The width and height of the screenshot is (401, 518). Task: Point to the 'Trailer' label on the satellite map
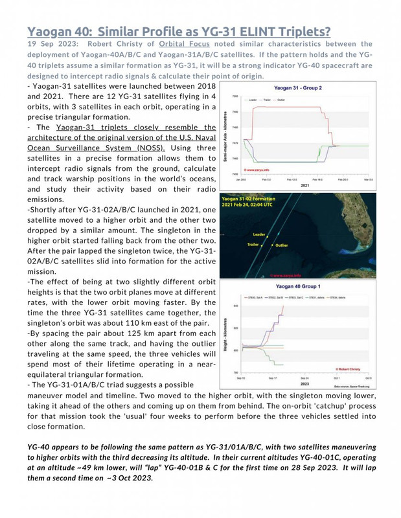pos(254,245)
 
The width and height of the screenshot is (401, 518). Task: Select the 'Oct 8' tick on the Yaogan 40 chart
pos(385,377)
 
